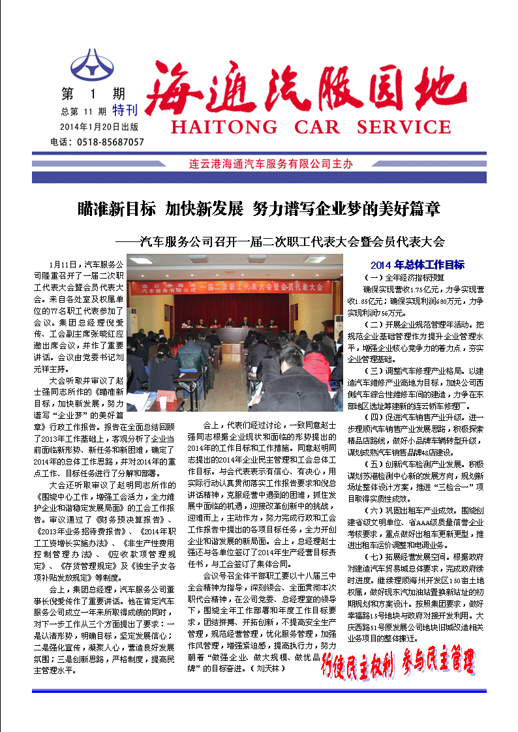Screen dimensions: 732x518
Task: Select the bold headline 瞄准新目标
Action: coord(116,209)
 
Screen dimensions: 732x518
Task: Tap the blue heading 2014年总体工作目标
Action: coord(417,265)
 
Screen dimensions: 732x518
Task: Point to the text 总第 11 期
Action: coord(84,111)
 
